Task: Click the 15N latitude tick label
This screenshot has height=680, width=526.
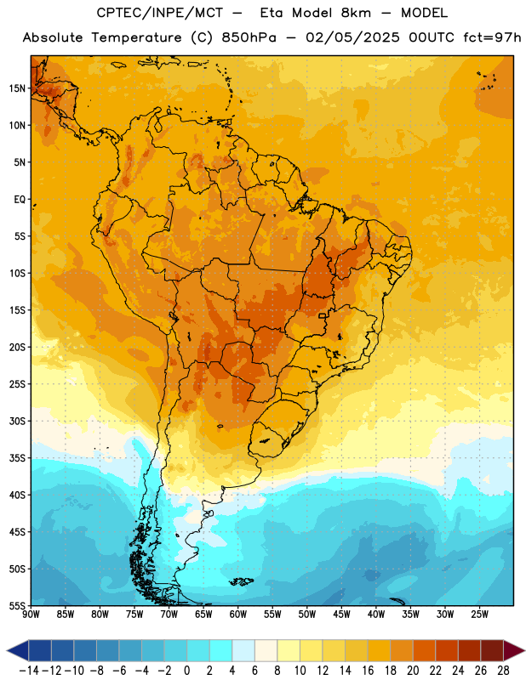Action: pos(17,88)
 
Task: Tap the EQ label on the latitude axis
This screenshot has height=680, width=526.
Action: pos(20,200)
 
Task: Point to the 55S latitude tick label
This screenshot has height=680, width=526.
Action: pos(17,605)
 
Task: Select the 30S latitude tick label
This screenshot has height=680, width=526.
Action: pos(17,421)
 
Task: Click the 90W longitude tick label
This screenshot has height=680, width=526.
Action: pos(31,615)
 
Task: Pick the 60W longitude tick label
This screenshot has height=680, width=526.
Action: pos(238,615)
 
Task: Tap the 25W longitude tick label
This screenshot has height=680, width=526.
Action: pos(479,615)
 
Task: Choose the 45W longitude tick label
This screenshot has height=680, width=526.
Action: pos(341,615)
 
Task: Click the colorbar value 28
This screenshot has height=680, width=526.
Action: pos(503,671)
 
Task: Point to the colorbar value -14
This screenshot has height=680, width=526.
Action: pos(29,671)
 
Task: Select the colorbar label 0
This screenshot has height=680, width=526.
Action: pos(187,671)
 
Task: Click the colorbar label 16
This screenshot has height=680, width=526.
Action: pos(368,671)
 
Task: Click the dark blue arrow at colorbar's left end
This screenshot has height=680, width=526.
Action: pos(18,650)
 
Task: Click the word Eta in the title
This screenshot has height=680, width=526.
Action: pos(272,13)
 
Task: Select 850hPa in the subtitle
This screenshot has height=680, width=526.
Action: pos(249,37)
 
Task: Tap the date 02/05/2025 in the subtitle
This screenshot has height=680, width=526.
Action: pos(352,37)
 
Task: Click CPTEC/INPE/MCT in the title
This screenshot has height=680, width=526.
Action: pos(160,13)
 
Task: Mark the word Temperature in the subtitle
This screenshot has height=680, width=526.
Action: pos(136,37)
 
